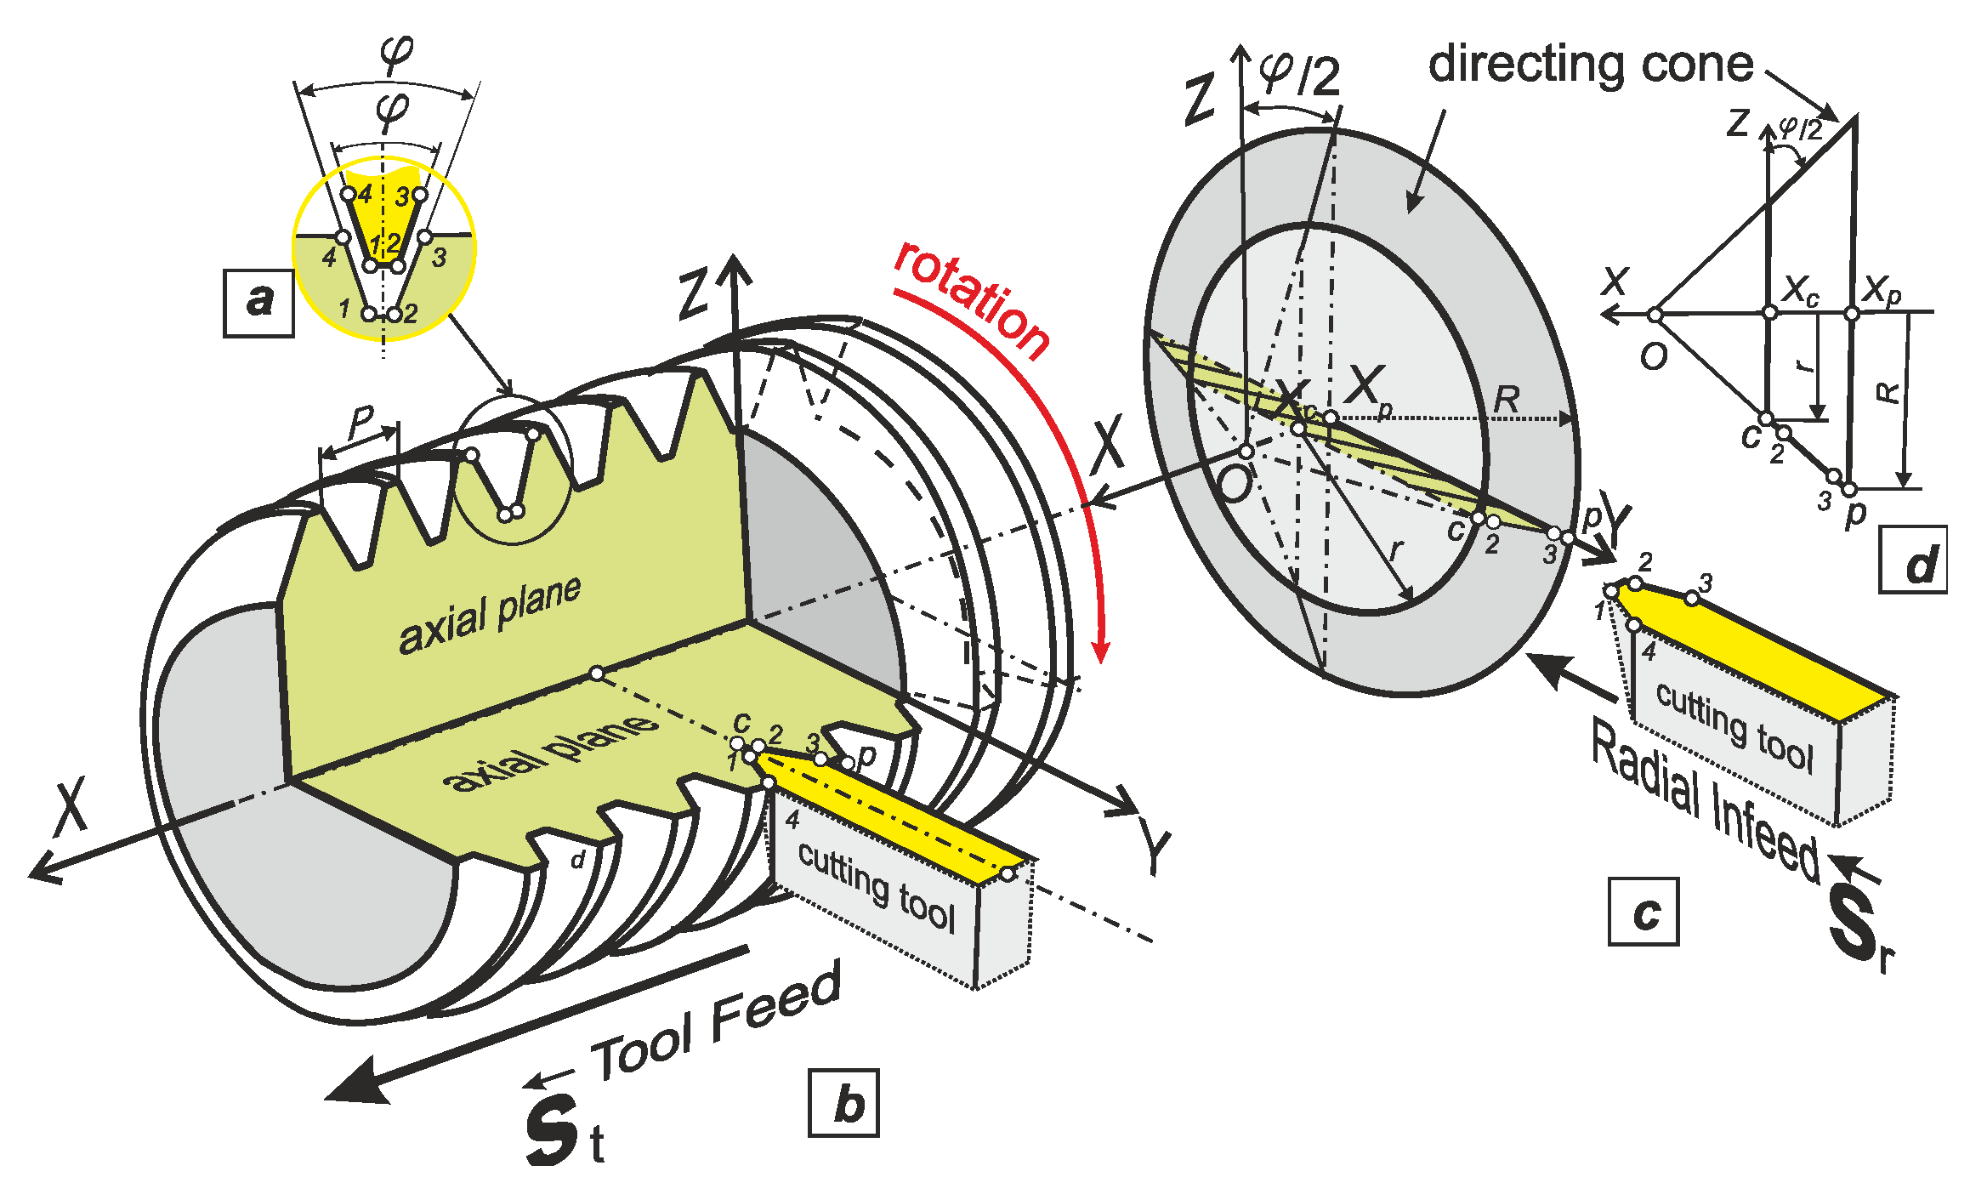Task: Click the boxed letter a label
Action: tap(258, 303)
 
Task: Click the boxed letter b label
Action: tap(843, 1104)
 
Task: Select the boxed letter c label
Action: tap(1643, 913)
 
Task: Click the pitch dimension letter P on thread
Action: tap(361, 419)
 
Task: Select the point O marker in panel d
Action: tap(1655, 316)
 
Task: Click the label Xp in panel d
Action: tap(1882, 290)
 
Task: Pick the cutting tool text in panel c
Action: tap(1734, 726)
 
